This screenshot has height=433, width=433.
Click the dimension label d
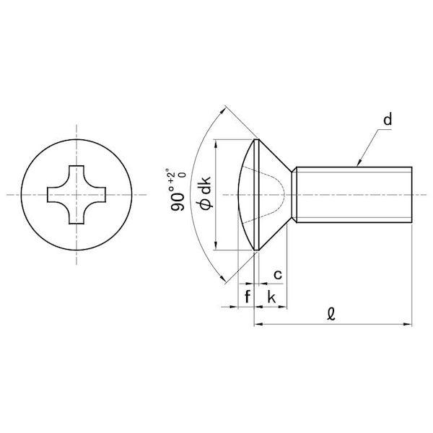[x=388, y=120]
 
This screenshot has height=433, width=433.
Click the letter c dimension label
[x=278, y=275]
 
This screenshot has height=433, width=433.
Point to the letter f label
[x=248, y=297]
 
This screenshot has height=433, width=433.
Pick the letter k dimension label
[x=271, y=297]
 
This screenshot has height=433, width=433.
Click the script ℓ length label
[x=331, y=314]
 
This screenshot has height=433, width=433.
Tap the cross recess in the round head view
[x=76, y=195]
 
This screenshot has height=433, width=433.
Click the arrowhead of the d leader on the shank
[x=359, y=164]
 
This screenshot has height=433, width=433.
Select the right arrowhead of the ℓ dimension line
[x=408, y=324]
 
